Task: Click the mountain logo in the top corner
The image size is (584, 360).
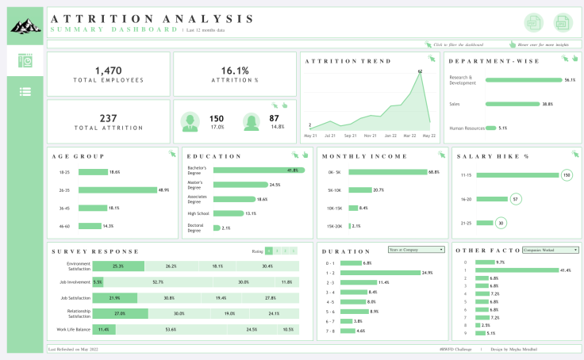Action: click(25, 27)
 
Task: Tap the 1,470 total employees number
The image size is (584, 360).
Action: click(108, 71)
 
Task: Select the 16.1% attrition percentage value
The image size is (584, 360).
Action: click(235, 71)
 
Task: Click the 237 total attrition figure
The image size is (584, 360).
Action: click(108, 118)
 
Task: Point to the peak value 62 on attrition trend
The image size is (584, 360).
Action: click(420, 72)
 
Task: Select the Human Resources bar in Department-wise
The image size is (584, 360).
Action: click(490, 128)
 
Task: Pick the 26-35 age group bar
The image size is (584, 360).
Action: click(118, 190)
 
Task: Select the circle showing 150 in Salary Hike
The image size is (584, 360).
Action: click(566, 175)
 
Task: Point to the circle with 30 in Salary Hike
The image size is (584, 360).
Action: click(500, 223)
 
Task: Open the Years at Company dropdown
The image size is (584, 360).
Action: click(416, 250)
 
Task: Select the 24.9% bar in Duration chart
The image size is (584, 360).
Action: click(384, 273)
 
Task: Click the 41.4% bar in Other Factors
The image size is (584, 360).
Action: click(517, 270)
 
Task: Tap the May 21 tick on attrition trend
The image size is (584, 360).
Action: click(310, 136)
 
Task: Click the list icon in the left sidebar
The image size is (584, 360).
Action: click(25, 91)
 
